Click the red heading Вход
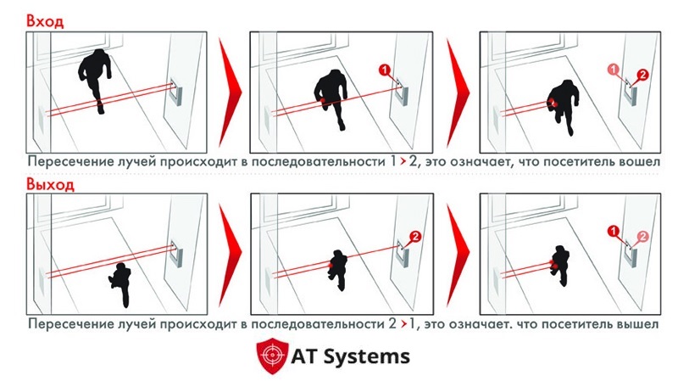[45, 20]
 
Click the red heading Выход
[50, 184]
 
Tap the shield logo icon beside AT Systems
[272, 356]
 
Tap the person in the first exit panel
[119, 284]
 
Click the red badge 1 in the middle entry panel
[385, 70]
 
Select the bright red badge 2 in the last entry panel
[642, 75]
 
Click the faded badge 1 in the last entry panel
[614, 70]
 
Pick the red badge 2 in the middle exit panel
[414, 236]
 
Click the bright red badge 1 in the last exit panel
[613, 231]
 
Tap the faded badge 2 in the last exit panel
[643, 236]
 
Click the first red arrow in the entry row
[230, 92]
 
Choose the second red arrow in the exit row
[458, 255]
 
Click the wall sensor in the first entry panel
[176, 93]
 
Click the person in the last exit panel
[560, 266]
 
